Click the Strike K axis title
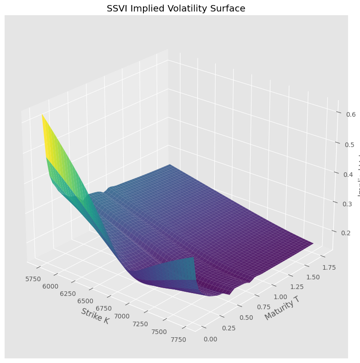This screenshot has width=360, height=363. pyautogui.click(x=95, y=316)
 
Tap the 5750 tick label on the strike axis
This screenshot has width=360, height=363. pyautogui.click(x=34, y=279)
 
